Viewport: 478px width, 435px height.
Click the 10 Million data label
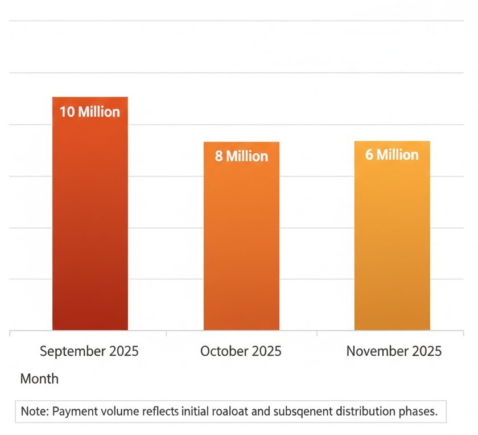tap(90, 112)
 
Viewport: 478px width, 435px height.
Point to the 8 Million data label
tap(241, 156)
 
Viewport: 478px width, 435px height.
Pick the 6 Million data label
tap(392, 155)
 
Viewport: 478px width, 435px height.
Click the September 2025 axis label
tap(89, 351)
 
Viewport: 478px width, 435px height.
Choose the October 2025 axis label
tap(241, 351)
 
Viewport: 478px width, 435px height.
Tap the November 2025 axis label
tap(394, 351)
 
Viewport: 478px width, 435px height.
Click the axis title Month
tap(39, 379)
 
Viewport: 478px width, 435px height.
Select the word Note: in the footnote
tap(34, 412)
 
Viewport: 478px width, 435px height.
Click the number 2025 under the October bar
tap(265, 351)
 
